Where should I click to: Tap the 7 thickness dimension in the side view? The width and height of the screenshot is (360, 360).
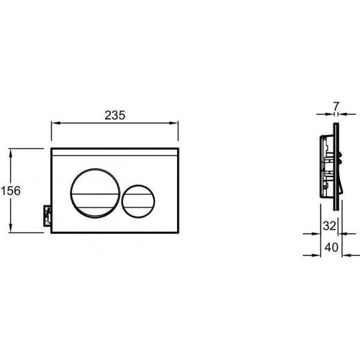click(337, 106)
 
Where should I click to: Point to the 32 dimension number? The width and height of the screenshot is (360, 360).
click(329, 226)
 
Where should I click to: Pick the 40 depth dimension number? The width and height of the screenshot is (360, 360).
click(329, 245)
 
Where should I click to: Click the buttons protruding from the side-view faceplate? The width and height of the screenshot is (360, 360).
click(340, 174)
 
